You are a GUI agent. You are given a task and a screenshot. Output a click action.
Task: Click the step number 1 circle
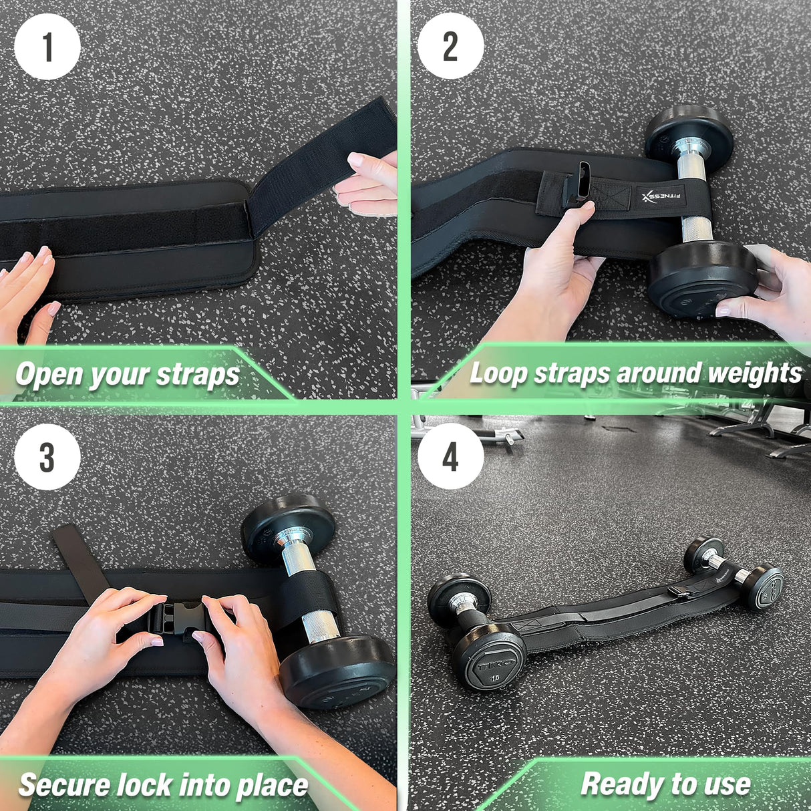(47, 47)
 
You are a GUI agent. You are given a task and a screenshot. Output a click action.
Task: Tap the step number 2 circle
(451, 47)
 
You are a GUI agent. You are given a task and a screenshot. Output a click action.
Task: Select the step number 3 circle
(47, 458)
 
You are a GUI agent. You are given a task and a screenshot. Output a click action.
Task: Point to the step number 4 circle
(451, 458)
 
